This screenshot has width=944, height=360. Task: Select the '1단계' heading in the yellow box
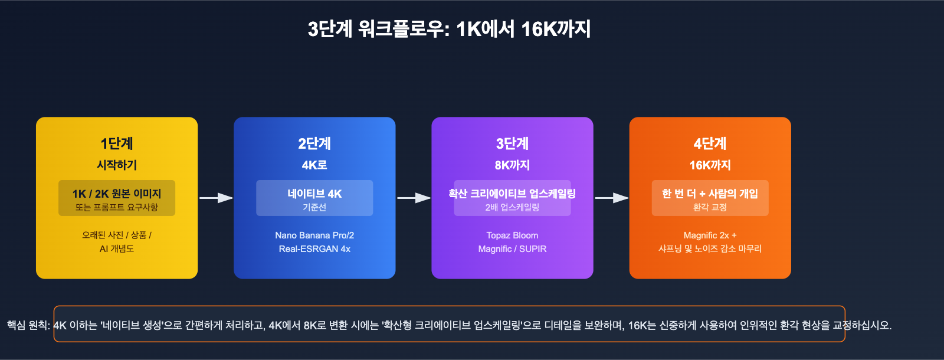[x=117, y=143]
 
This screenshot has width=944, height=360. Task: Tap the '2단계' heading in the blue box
[x=314, y=143]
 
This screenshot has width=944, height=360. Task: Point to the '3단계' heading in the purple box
[x=512, y=143]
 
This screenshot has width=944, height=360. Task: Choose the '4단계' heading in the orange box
[x=710, y=143]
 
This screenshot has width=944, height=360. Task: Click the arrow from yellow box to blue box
[x=216, y=198]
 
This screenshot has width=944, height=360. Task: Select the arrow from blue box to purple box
[x=414, y=198]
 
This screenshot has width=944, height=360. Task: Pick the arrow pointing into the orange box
[x=611, y=198]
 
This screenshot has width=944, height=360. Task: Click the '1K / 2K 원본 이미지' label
[x=117, y=194]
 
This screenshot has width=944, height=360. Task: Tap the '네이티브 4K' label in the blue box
[x=314, y=194]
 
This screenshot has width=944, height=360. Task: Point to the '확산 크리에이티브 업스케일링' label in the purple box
[x=512, y=194]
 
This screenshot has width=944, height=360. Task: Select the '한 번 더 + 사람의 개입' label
[x=710, y=194]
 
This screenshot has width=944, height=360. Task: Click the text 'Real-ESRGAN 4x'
[x=314, y=249]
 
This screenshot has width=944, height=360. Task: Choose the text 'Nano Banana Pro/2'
[x=314, y=235]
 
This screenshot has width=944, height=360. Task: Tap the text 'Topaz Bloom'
[x=512, y=235]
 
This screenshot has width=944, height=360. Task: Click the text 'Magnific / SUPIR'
[x=512, y=249]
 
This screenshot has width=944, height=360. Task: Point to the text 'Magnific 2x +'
[x=710, y=235]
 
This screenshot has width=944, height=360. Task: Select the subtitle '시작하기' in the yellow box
[x=117, y=165]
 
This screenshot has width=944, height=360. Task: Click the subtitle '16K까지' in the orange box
[x=710, y=165]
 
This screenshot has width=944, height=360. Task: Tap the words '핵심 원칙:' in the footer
[x=28, y=325]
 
